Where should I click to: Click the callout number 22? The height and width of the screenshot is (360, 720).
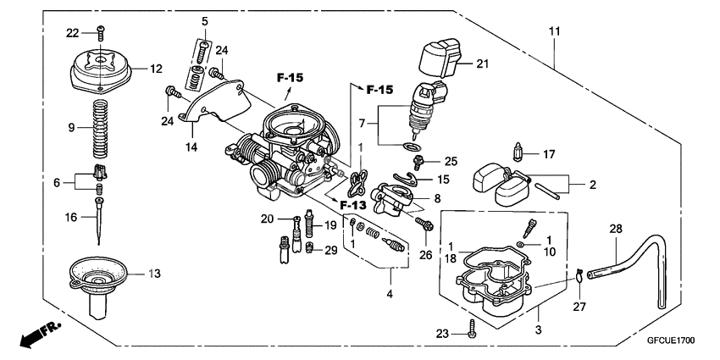(x=74, y=32)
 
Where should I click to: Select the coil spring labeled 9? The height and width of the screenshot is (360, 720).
(x=101, y=127)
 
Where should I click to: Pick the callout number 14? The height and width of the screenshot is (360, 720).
(x=191, y=147)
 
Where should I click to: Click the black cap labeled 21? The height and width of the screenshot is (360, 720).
(x=440, y=59)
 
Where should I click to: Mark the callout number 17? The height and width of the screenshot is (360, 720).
(x=549, y=154)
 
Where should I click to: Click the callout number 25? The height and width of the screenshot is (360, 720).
(x=450, y=160)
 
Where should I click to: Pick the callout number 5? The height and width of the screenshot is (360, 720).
(x=204, y=20)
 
